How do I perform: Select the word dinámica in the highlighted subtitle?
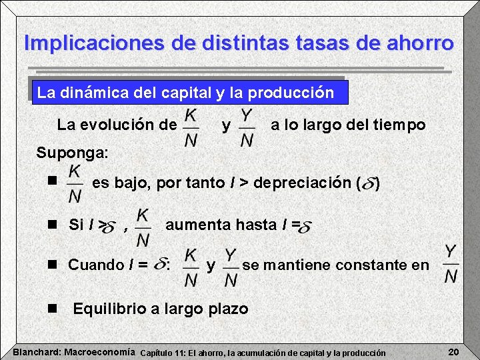click(x=103, y=93)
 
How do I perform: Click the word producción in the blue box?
click(x=292, y=93)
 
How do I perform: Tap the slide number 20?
click(x=455, y=351)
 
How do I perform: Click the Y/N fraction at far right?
click(x=451, y=264)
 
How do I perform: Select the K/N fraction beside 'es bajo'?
click(x=75, y=183)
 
